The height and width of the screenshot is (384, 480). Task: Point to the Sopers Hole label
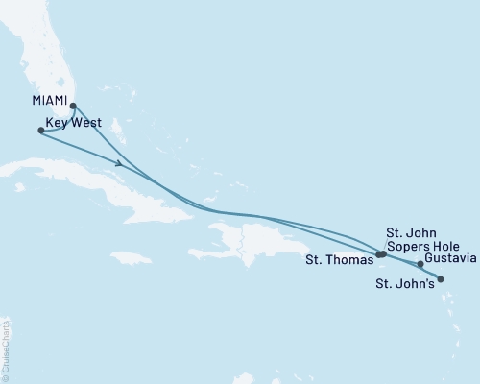(x=414, y=245)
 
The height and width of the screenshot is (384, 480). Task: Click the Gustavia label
(x=449, y=259)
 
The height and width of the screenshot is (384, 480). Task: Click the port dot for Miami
(x=73, y=108)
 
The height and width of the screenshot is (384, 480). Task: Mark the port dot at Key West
(x=39, y=132)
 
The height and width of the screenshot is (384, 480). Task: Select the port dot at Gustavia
(x=420, y=264)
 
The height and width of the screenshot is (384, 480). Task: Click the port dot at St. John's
(x=441, y=279)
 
